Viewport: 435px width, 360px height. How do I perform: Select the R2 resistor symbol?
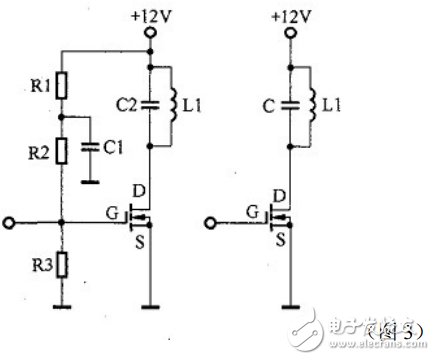(x=61, y=151)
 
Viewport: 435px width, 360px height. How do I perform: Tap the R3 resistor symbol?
(x=61, y=264)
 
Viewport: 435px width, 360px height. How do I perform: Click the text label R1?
(x=37, y=85)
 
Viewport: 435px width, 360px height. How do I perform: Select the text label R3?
(x=37, y=265)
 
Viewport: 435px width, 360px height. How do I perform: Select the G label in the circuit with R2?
(x=113, y=212)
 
